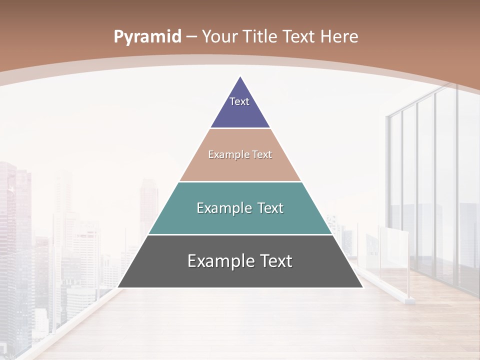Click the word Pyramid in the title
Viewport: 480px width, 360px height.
tap(147, 37)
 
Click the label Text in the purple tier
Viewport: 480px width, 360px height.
tap(239, 101)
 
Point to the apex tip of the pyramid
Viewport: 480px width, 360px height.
tap(240, 76)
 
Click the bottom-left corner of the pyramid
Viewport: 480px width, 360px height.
tap(118, 287)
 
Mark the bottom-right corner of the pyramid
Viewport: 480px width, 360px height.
tap(362, 287)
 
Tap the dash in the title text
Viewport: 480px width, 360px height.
tap(191, 37)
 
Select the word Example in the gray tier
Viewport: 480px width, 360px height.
tap(218, 261)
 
